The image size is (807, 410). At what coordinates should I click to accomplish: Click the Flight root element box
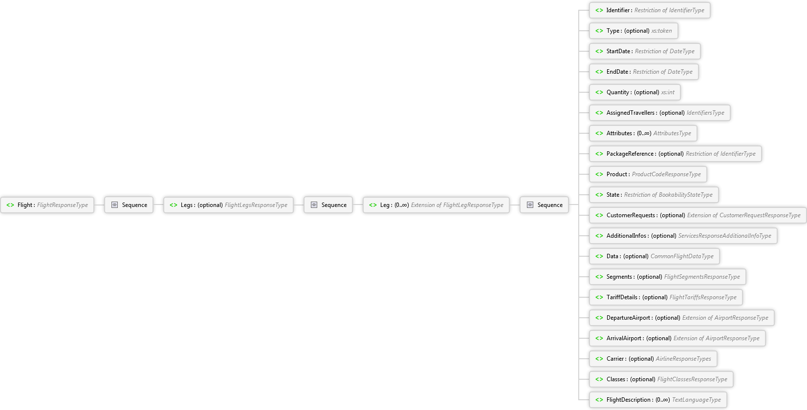[47, 205]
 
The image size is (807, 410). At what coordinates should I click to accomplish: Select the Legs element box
[228, 205]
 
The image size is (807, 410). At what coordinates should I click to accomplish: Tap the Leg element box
[436, 205]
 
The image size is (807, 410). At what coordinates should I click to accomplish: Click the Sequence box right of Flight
[129, 205]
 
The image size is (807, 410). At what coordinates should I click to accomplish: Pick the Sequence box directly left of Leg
[328, 205]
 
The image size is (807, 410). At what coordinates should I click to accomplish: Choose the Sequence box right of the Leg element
[545, 205]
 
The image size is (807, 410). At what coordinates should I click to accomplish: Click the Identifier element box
[650, 10]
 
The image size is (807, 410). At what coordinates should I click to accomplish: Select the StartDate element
[645, 51]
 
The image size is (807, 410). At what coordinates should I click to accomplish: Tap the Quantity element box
[635, 92]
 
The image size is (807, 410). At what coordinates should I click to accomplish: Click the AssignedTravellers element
[660, 113]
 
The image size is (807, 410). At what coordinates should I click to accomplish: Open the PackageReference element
[676, 154]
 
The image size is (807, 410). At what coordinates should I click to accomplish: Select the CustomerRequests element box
[698, 215]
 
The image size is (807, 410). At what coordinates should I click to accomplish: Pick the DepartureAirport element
[682, 318]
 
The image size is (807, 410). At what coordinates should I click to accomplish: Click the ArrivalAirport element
[677, 338]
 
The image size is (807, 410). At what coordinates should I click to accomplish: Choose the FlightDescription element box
[658, 400]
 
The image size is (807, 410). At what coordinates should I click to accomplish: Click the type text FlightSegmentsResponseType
[702, 277]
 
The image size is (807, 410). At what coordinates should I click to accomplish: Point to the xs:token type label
[661, 31]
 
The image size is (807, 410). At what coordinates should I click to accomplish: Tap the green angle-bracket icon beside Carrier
[599, 359]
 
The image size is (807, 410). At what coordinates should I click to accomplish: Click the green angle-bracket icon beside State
[599, 195]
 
